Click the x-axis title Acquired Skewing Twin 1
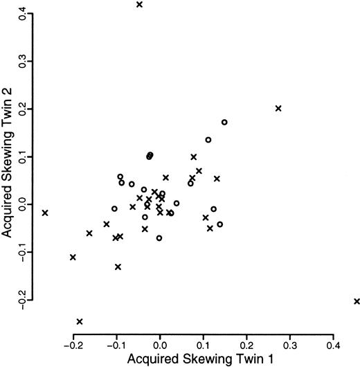202,359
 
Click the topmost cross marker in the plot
139,5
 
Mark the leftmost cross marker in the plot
46,213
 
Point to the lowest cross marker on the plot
80,321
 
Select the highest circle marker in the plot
224,123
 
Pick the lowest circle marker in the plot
159,238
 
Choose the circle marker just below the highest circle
208,140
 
